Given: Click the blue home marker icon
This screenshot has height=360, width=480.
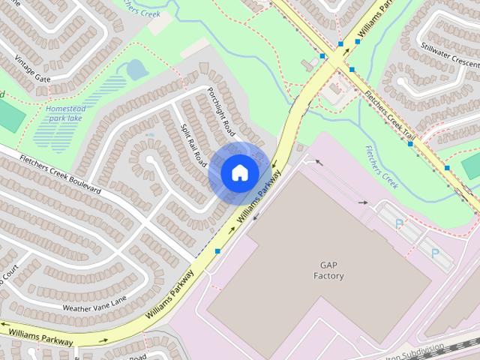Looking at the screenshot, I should tap(239, 172).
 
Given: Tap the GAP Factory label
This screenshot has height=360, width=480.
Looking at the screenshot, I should tap(328, 271).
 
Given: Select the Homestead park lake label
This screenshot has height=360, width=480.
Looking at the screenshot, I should tap(66, 113).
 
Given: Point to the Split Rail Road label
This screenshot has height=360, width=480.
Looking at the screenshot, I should tap(194, 143).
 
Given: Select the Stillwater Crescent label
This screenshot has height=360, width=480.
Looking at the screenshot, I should tap(449, 55).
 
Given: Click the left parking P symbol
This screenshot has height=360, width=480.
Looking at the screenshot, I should tap(399, 223).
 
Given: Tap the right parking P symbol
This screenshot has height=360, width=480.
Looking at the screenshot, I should tap(435, 253).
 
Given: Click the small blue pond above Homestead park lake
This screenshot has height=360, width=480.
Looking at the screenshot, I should tap(136, 70).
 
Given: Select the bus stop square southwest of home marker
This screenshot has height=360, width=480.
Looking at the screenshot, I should tap(217, 250).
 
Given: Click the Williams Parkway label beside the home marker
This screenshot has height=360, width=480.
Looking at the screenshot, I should tap(259, 196).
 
